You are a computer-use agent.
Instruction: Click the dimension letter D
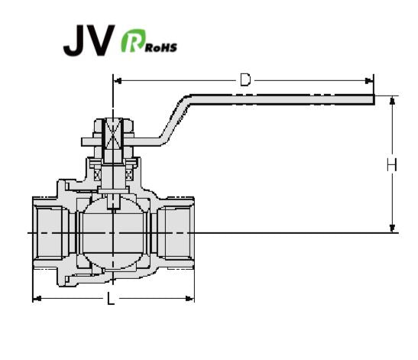245,80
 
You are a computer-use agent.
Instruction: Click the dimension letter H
392,164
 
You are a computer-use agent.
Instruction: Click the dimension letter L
111,298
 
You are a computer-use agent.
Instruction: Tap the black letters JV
89,41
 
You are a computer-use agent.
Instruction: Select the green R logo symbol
133,41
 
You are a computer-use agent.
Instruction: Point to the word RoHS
160,47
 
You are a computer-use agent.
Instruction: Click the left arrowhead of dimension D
118,80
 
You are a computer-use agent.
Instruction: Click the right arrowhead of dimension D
369,80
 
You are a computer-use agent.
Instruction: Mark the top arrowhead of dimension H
392,100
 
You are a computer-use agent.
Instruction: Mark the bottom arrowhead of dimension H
392,228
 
